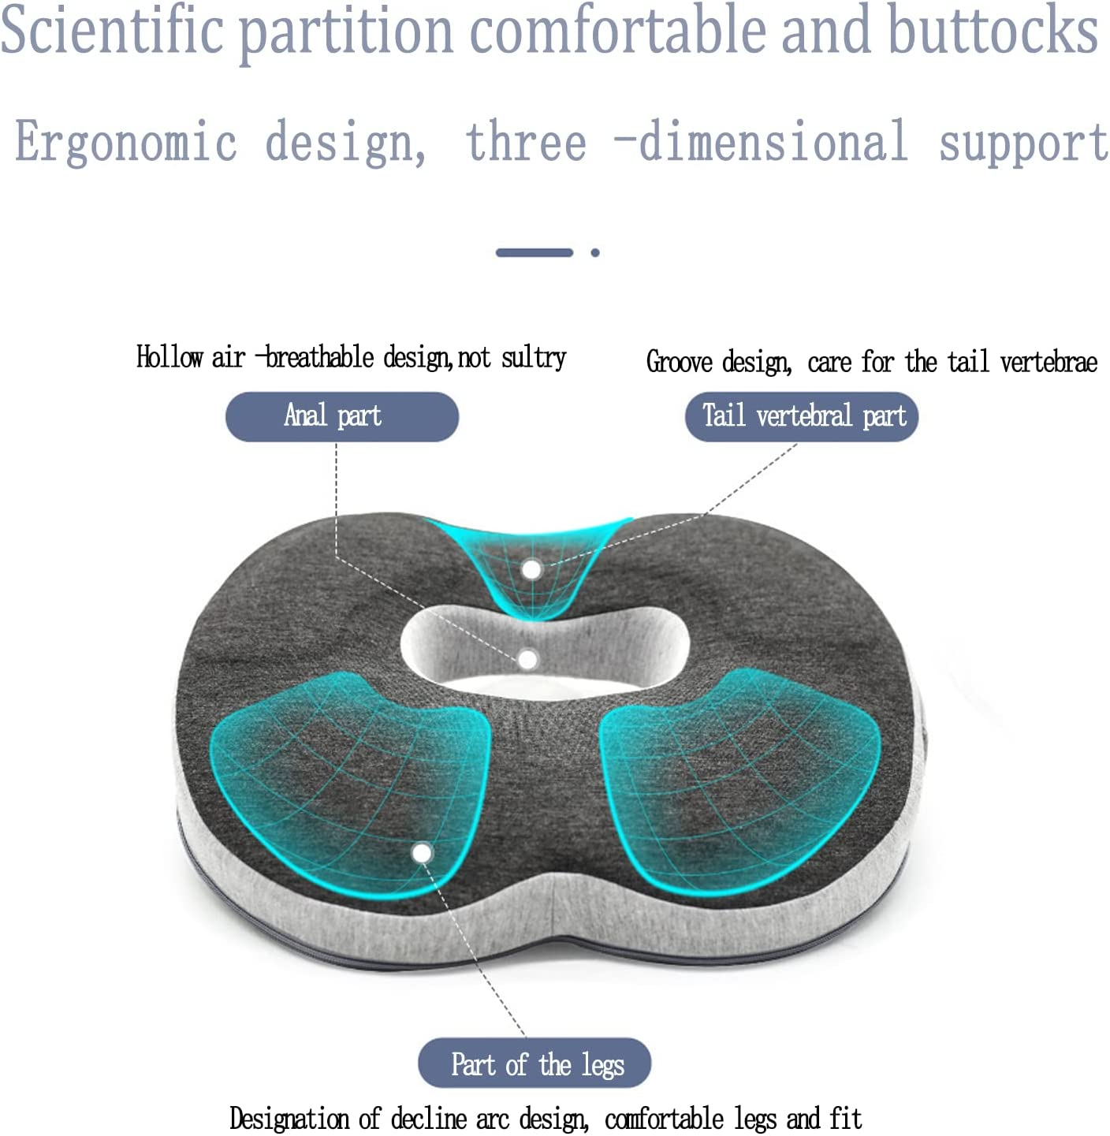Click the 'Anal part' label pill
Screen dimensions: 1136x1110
(x=341, y=416)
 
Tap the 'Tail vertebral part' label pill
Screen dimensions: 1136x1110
(x=802, y=416)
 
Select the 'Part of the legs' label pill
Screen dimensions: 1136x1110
(x=535, y=1063)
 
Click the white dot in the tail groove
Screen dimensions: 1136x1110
(x=532, y=568)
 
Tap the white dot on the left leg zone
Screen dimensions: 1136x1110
(x=422, y=853)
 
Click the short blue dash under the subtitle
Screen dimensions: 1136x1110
(x=534, y=253)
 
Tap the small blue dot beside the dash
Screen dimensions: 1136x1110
(x=595, y=253)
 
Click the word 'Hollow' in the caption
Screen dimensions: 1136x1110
(x=170, y=357)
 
